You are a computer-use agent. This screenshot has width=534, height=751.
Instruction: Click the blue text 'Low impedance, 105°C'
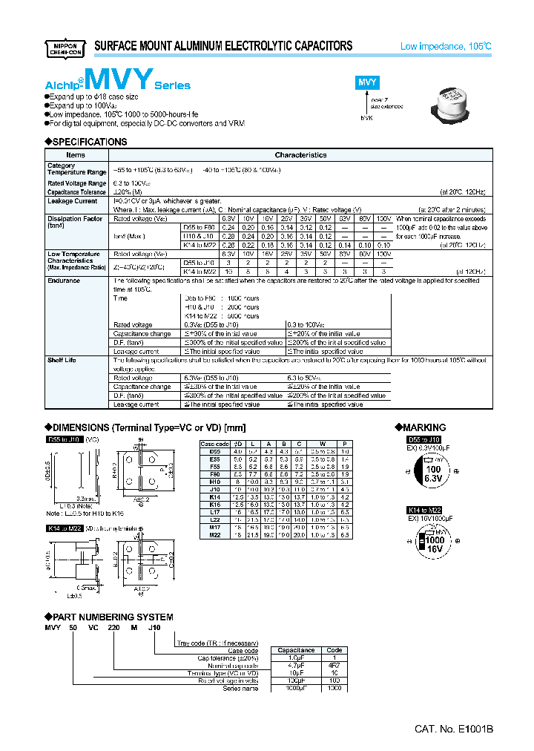click(446, 46)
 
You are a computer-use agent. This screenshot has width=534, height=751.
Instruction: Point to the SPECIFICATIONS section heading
click(86, 142)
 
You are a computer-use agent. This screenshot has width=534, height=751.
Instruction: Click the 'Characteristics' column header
click(300, 155)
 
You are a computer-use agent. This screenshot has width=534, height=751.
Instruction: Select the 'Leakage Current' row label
click(72, 201)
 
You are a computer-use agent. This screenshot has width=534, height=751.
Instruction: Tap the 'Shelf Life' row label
click(62, 360)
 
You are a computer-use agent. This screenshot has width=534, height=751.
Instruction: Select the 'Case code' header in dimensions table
click(214, 443)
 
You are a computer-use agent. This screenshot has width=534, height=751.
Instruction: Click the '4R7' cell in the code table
click(334, 665)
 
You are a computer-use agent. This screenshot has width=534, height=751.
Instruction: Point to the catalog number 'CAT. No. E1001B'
click(453, 729)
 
